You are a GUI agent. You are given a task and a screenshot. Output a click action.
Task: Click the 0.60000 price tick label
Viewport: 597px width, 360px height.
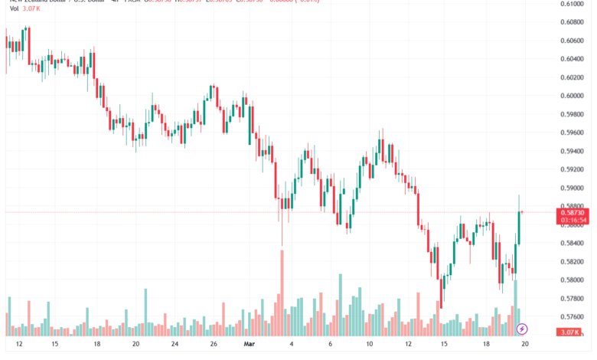574,96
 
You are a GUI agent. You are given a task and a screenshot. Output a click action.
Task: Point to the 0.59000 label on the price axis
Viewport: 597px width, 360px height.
574,188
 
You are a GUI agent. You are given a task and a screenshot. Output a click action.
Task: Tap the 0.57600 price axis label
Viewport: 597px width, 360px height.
574,316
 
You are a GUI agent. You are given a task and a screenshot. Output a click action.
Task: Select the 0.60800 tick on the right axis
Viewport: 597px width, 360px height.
574,22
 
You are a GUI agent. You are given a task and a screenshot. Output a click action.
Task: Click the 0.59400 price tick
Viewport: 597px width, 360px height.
574,151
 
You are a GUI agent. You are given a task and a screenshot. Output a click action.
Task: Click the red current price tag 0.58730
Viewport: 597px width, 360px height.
573,212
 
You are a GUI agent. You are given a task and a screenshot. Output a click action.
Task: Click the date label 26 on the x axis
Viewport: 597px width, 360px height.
214,345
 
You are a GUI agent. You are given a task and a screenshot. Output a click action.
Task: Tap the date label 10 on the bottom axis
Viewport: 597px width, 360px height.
369,345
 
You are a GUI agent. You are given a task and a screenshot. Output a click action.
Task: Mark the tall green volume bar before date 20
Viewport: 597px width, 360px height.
515,306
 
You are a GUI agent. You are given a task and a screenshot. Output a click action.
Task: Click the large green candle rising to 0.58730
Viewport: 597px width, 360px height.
519,228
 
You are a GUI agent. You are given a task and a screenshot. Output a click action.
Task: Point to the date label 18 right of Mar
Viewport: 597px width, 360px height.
487,345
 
